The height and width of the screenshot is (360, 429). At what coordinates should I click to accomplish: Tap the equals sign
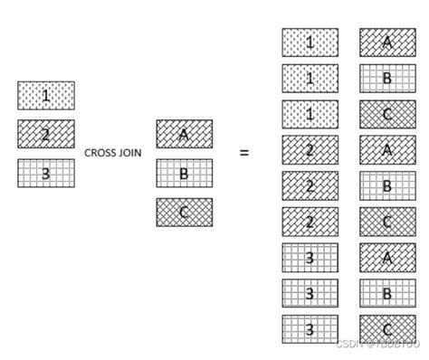point(243,153)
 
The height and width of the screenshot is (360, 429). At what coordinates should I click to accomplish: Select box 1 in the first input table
point(46,95)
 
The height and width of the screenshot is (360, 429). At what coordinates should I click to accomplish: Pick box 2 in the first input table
point(46,134)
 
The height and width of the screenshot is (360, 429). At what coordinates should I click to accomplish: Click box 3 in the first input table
point(46,173)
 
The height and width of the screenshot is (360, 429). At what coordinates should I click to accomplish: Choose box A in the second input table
point(184,134)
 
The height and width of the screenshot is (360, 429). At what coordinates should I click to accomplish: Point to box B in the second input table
point(184,173)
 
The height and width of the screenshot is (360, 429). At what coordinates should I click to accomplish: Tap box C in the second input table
point(184,212)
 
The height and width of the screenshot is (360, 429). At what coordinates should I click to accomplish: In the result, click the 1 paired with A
point(310,43)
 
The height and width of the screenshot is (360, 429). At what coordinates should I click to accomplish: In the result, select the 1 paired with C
point(310,114)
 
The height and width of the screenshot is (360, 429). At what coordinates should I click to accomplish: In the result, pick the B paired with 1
point(387,79)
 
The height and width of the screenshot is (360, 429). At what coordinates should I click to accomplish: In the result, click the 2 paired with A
point(310,150)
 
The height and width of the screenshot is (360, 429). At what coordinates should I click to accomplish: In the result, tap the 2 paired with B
point(310,185)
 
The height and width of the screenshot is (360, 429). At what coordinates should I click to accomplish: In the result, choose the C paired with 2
point(387,222)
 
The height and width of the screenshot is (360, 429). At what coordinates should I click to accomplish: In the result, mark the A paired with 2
point(387,150)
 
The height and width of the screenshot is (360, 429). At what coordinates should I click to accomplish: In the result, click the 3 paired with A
point(310,257)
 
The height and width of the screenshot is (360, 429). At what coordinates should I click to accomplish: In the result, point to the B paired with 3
point(387,292)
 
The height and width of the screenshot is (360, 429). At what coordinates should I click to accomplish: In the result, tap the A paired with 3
point(387,257)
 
